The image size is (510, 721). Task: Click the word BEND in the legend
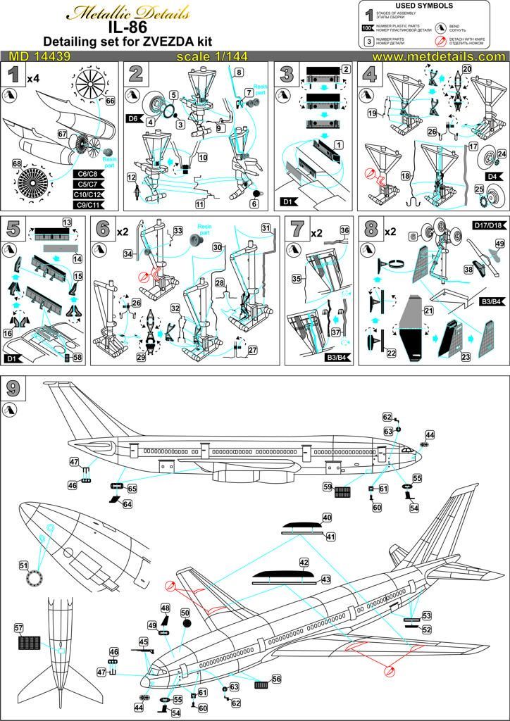459,25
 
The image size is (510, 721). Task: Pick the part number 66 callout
110,101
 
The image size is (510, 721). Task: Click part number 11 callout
201,204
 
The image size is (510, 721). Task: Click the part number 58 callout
77,358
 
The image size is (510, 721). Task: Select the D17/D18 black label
487,225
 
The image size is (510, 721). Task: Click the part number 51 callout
23,565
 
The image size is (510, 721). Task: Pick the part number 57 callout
19,627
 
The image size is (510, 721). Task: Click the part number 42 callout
304,563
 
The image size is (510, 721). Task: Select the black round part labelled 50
186,623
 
